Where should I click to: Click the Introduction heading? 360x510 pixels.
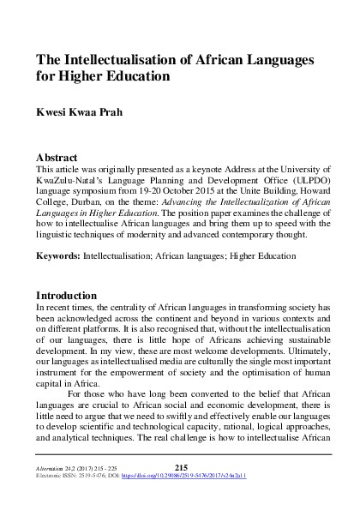tap(69, 296)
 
